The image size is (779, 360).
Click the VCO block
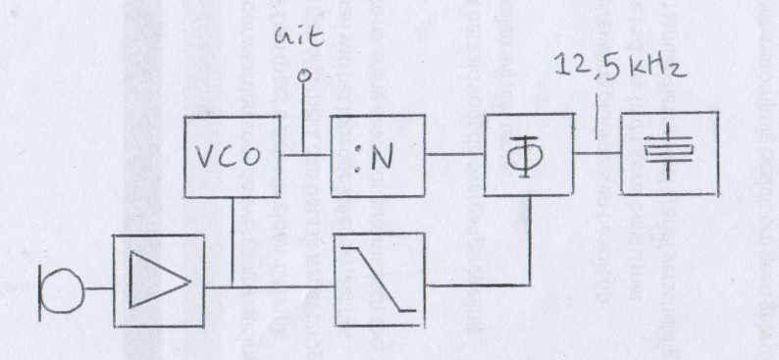pyautogui.click(x=232, y=157)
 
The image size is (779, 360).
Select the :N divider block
pyautogui.click(x=378, y=156)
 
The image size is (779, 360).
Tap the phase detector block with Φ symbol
pyautogui.click(x=529, y=155)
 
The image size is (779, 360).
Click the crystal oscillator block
pyautogui.click(x=670, y=153)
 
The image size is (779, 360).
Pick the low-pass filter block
pyautogui.click(x=380, y=280)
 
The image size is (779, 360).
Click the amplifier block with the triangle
pyautogui.click(x=159, y=282)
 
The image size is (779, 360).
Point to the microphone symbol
pyautogui.click(x=61, y=290)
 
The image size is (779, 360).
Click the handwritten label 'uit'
pyautogui.click(x=299, y=37)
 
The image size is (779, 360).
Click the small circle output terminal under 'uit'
pyautogui.click(x=303, y=76)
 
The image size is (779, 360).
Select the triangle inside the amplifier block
pyautogui.click(x=159, y=281)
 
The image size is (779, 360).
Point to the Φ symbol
pyautogui.click(x=525, y=156)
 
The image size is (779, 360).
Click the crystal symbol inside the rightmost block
pyautogui.click(x=668, y=151)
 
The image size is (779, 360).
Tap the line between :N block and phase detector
pyautogui.click(x=454, y=154)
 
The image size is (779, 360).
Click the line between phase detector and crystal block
pyautogui.click(x=597, y=153)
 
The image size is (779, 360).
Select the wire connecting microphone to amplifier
pyautogui.click(x=98, y=288)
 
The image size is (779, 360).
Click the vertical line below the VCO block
pyautogui.click(x=233, y=242)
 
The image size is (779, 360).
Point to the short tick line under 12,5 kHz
pyautogui.click(x=597, y=118)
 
